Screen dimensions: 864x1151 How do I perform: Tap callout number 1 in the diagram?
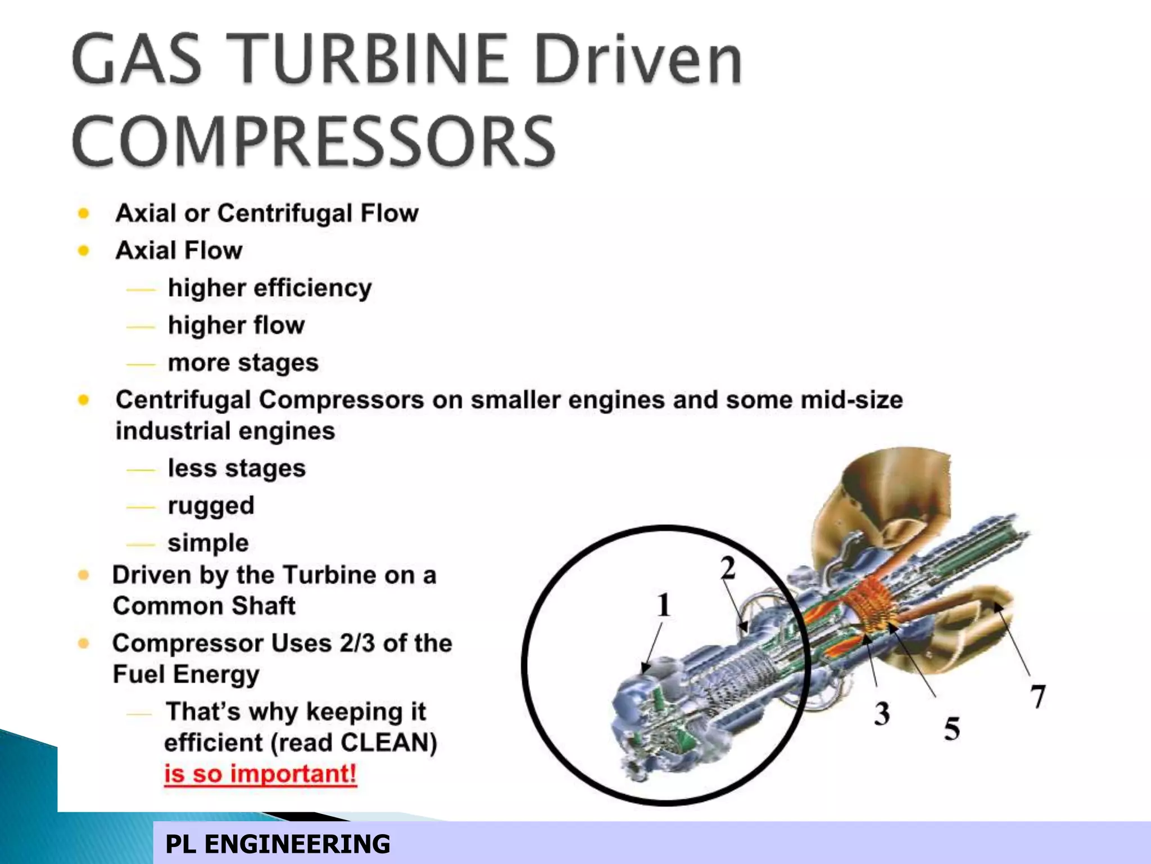click(x=664, y=605)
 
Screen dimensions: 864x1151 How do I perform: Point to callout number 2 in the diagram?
click(x=728, y=568)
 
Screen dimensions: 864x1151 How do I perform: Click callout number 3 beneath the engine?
click(x=882, y=713)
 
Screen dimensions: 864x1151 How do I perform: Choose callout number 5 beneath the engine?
click(x=951, y=728)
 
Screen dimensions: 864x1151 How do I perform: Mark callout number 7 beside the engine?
click(x=1038, y=696)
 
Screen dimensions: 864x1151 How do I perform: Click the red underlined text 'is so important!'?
click(x=260, y=774)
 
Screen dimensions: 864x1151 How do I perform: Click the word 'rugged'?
click(x=211, y=505)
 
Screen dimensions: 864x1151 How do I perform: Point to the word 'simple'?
click(x=208, y=543)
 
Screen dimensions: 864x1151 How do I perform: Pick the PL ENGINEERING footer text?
click(x=278, y=844)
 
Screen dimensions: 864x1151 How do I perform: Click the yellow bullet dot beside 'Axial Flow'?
click(x=84, y=250)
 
